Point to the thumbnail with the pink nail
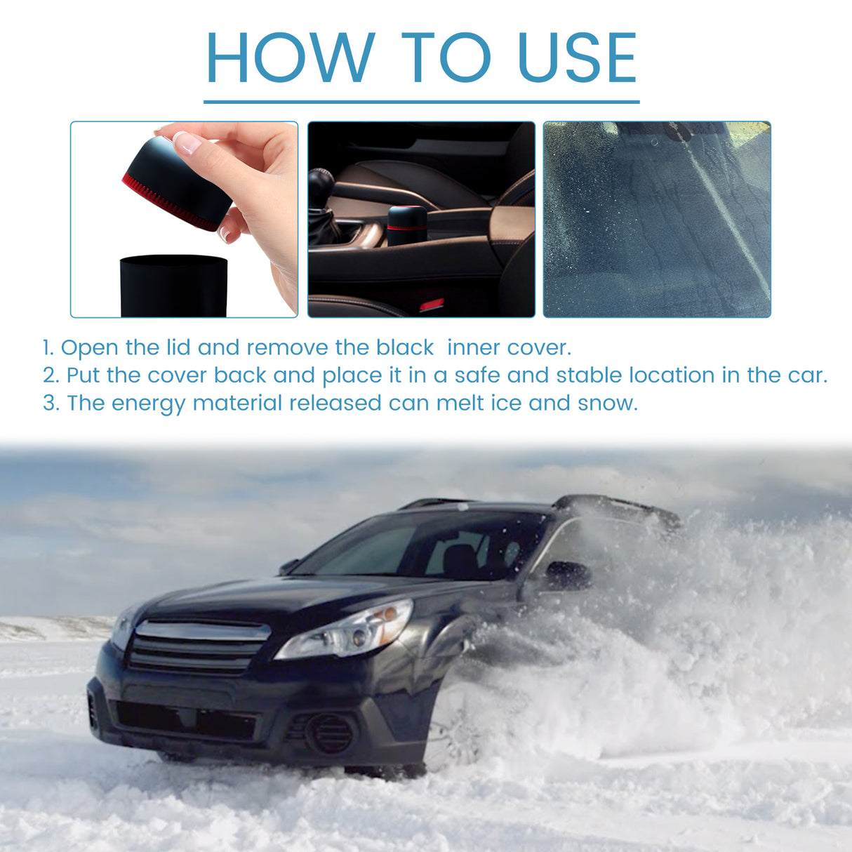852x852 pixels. [x=187, y=142]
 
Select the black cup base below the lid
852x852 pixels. [x=173, y=286]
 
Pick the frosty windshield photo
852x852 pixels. [x=657, y=219]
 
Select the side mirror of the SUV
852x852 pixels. [x=567, y=575]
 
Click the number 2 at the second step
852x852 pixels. [x=51, y=375]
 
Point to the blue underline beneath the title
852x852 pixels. [x=421, y=102]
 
